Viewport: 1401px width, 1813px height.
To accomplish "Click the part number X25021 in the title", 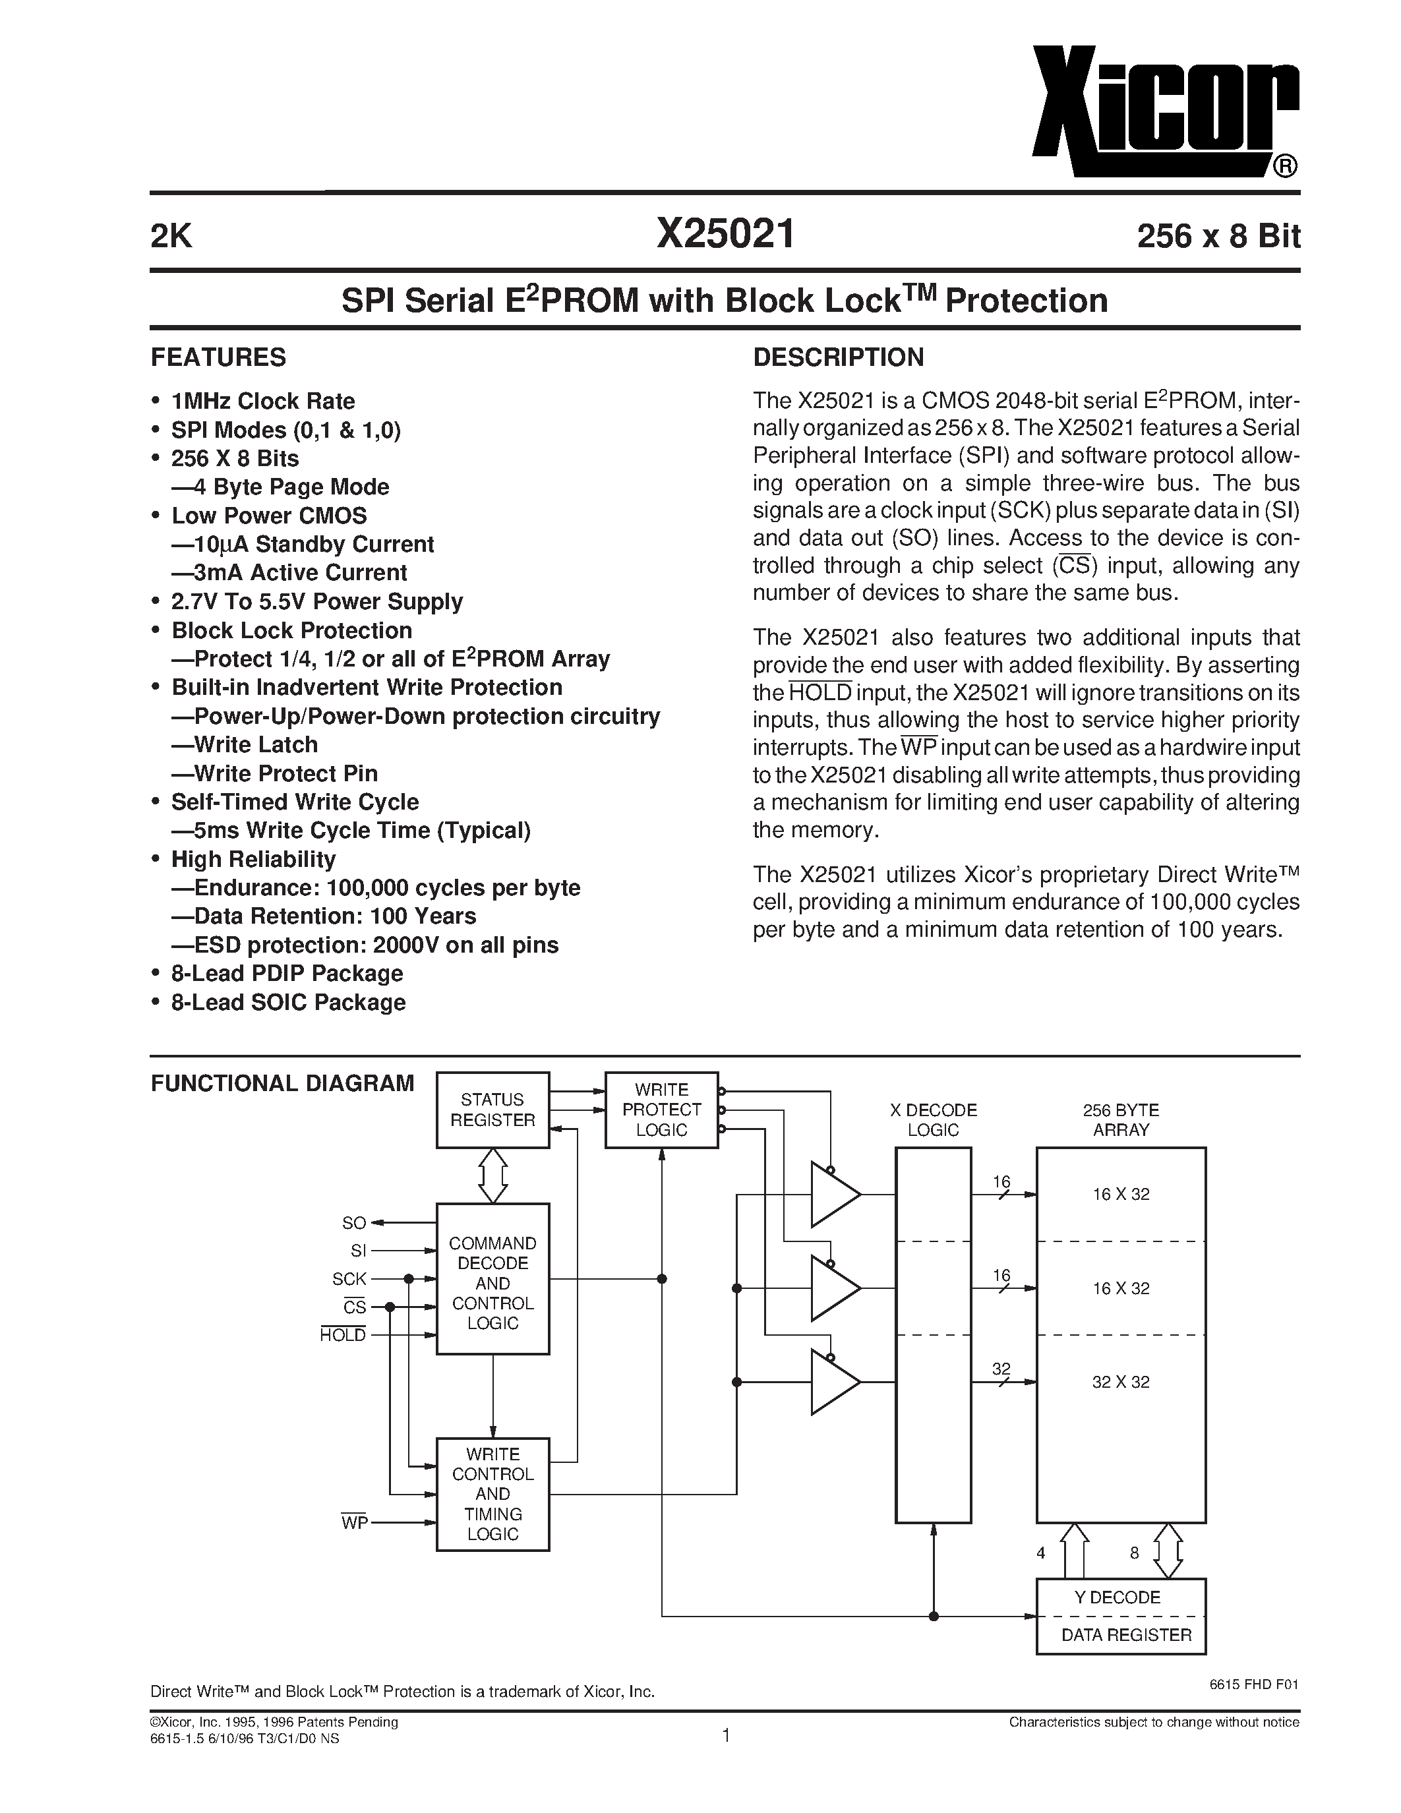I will tap(725, 235).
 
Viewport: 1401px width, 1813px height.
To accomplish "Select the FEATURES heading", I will tap(218, 358).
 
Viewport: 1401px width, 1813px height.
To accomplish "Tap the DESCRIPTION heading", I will tap(837, 358).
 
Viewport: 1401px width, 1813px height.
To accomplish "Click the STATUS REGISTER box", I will tap(492, 1110).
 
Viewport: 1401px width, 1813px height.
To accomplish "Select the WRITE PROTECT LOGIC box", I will tap(661, 1110).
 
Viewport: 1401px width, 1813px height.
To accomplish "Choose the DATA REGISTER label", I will tap(1125, 1636).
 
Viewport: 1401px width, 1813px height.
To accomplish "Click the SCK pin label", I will tap(349, 1279).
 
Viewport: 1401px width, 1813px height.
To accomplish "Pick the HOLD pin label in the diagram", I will tap(343, 1336).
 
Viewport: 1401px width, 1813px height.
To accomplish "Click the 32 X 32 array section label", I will tap(1120, 1382).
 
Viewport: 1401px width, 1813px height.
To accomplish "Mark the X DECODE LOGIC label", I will tap(933, 1120).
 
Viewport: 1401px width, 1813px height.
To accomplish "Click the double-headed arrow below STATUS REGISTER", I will tap(493, 1175).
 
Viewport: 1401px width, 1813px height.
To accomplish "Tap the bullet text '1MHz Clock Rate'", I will tap(262, 401).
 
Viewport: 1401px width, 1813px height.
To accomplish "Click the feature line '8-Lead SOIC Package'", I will tap(288, 1003).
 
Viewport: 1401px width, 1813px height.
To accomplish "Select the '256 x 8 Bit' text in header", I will tap(1218, 237).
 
